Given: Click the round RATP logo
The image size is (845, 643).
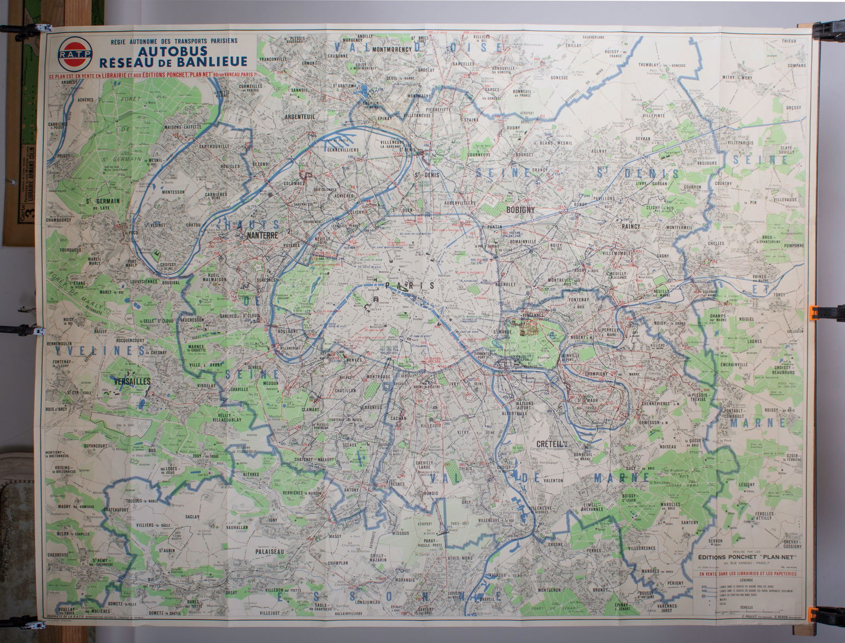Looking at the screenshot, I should pyautogui.click(x=75, y=54).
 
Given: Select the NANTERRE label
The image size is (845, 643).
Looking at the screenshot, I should pyautogui.click(x=262, y=236).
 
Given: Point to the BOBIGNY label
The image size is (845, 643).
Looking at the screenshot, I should pyautogui.click(x=521, y=210).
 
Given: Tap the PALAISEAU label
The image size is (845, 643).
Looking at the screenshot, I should pyautogui.click(x=269, y=551).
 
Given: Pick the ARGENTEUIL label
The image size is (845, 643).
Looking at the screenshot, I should pyautogui.click(x=300, y=116).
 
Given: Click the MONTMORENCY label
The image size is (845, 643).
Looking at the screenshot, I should pyautogui.click(x=391, y=50).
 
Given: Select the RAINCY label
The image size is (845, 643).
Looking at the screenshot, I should pyautogui.click(x=631, y=226).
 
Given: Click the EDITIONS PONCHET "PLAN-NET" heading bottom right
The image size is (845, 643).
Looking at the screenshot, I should pyautogui.click(x=747, y=556).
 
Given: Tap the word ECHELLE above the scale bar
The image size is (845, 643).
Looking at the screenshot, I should pyautogui.click(x=747, y=607).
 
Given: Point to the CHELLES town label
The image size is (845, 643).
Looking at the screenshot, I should pyautogui.click(x=716, y=243).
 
